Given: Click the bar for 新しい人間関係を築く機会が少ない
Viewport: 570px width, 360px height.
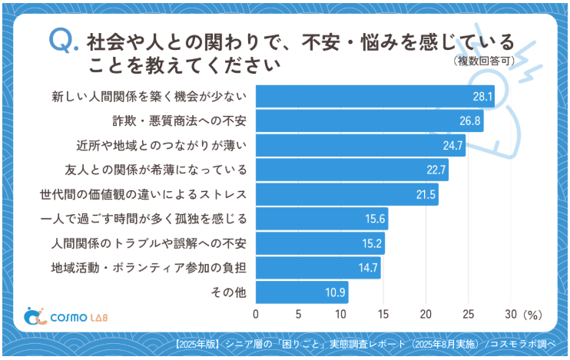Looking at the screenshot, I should click(x=374, y=97).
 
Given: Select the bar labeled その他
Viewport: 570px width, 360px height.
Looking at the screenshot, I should click(x=301, y=292).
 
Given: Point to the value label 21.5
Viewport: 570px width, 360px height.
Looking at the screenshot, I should click(x=426, y=195).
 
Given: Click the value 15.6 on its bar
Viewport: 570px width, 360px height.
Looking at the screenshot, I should click(x=375, y=220).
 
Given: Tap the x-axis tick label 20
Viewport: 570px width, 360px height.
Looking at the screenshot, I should click(x=425, y=314).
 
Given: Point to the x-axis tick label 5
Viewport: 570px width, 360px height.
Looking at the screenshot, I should click(x=298, y=314).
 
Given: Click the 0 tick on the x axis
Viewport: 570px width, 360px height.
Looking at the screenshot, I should click(x=256, y=314).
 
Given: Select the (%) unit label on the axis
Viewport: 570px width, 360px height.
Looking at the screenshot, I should click(x=532, y=314).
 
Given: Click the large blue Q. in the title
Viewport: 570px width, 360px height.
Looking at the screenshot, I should click(x=63, y=41).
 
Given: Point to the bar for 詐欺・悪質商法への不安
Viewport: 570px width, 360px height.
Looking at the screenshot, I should click(x=369, y=121).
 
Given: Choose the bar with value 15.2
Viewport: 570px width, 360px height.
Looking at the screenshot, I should click(x=320, y=244).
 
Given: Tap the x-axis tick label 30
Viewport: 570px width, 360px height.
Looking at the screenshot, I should click(x=509, y=314).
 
